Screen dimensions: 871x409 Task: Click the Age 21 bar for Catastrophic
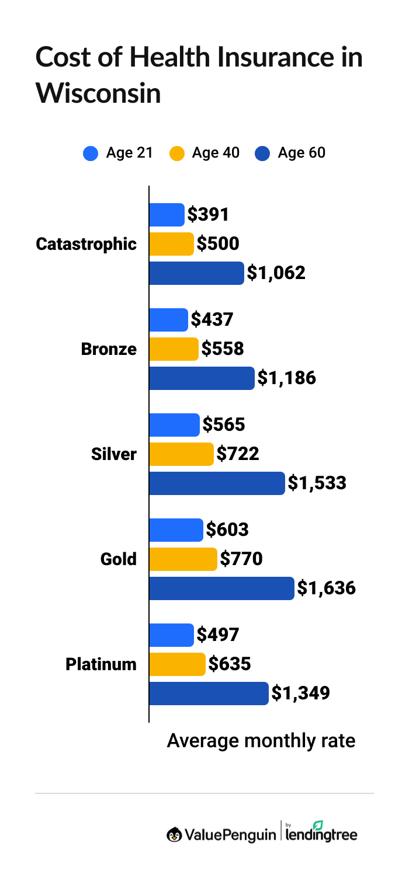pyautogui.click(x=167, y=215)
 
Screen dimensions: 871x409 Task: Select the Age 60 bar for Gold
pyautogui.click(x=221, y=588)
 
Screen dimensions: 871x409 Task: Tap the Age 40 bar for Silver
pyautogui.click(x=182, y=454)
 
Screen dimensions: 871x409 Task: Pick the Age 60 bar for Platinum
pyautogui.click(x=209, y=694)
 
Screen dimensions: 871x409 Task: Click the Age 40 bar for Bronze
pyautogui.click(x=174, y=349)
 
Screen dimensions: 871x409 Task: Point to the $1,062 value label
pyautogui.click(x=276, y=273)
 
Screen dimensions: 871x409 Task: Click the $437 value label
pyautogui.click(x=212, y=319)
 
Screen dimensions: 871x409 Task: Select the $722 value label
pyautogui.click(x=238, y=454)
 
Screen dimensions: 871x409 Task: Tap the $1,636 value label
pyautogui.click(x=326, y=588)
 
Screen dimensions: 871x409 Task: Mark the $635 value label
pyautogui.click(x=230, y=664)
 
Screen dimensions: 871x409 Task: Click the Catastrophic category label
pyautogui.click(x=86, y=245)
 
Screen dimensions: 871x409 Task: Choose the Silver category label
pyautogui.click(x=113, y=455)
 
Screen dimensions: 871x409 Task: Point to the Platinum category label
pyautogui.click(x=100, y=664)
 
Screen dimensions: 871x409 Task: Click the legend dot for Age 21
pyautogui.click(x=91, y=154)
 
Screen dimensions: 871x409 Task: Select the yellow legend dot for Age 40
pyautogui.click(x=176, y=154)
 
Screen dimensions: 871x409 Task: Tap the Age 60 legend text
pyautogui.click(x=301, y=154)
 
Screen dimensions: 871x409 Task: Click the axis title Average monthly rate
pyautogui.click(x=261, y=741)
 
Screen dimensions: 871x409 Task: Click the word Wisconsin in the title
pyautogui.click(x=98, y=93)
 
